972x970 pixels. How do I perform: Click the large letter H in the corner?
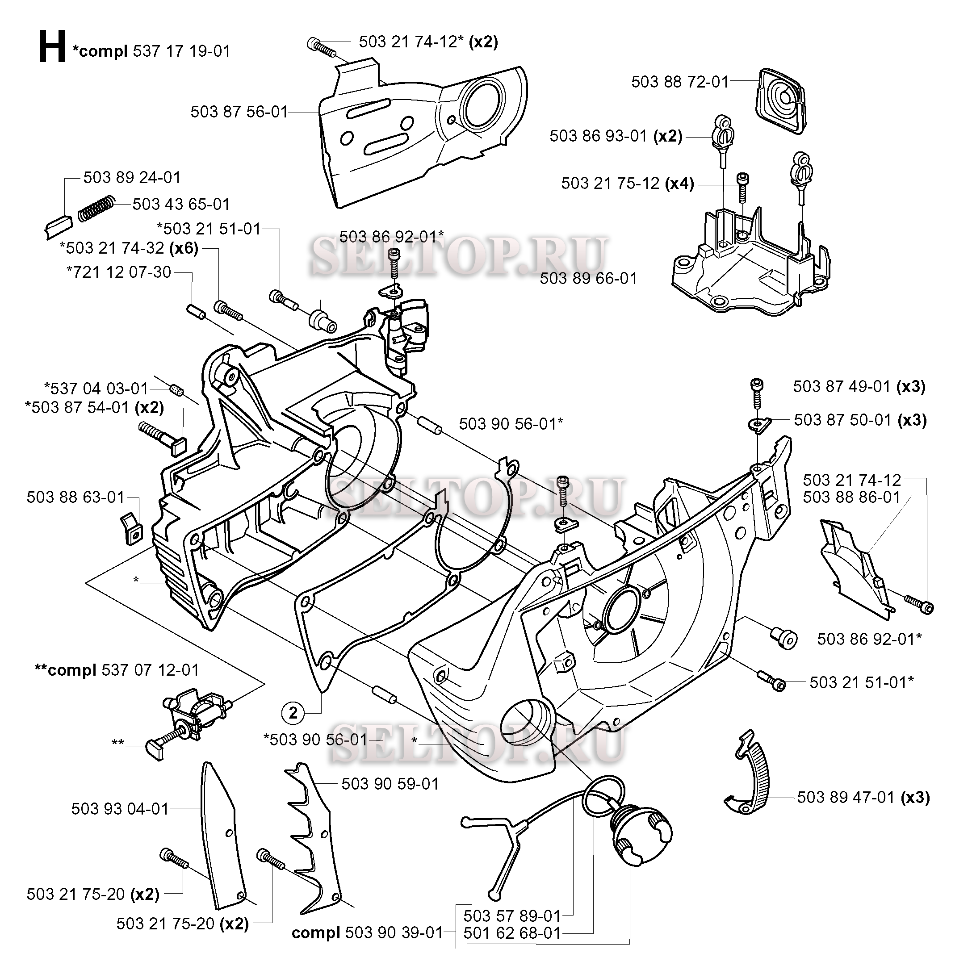[52, 47]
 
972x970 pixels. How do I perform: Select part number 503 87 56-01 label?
[239, 112]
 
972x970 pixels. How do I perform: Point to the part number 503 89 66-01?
[588, 278]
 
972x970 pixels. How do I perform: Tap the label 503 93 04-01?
[120, 808]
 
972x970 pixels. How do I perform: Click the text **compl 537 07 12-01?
[117, 670]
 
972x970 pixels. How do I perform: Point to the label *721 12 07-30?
[119, 272]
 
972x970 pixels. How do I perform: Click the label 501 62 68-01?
[511, 933]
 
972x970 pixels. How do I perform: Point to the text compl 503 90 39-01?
[367, 933]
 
